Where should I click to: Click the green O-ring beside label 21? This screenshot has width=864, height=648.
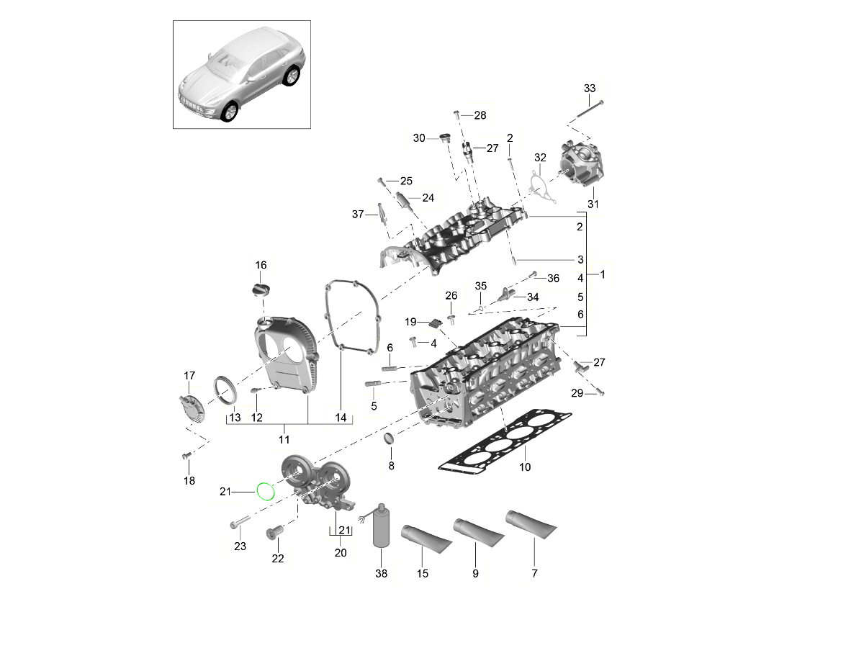(x=266, y=491)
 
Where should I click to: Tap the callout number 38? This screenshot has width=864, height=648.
(x=381, y=574)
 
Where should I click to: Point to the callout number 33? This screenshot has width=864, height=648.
(x=590, y=88)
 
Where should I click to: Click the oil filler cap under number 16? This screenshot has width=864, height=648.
(x=260, y=289)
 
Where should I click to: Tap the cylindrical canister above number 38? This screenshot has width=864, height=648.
(x=381, y=528)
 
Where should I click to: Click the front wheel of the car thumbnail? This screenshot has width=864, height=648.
(x=230, y=111)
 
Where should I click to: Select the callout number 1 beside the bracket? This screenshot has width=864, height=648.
(x=603, y=274)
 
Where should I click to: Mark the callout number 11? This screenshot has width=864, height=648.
(x=284, y=438)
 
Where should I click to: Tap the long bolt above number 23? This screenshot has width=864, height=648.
(x=240, y=521)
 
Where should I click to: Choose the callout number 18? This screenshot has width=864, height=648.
(x=189, y=481)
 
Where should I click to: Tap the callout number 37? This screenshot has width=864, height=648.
(x=358, y=214)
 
